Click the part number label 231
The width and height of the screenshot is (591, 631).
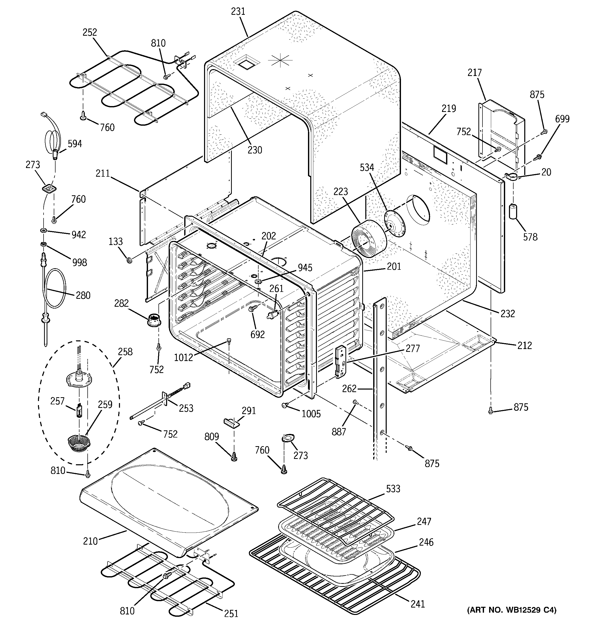tap(238, 11)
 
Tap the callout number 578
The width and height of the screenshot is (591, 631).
tap(530, 237)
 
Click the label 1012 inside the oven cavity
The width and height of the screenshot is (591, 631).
tap(183, 358)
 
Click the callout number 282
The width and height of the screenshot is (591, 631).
tap(122, 303)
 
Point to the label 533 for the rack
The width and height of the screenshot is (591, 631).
tap(393, 489)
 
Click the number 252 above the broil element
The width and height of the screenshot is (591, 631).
tap(90, 32)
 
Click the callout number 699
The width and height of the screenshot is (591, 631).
tap(562, 119)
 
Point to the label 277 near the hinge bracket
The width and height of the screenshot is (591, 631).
tap(412, 349)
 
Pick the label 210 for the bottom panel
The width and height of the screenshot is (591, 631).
tap(90, 541)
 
